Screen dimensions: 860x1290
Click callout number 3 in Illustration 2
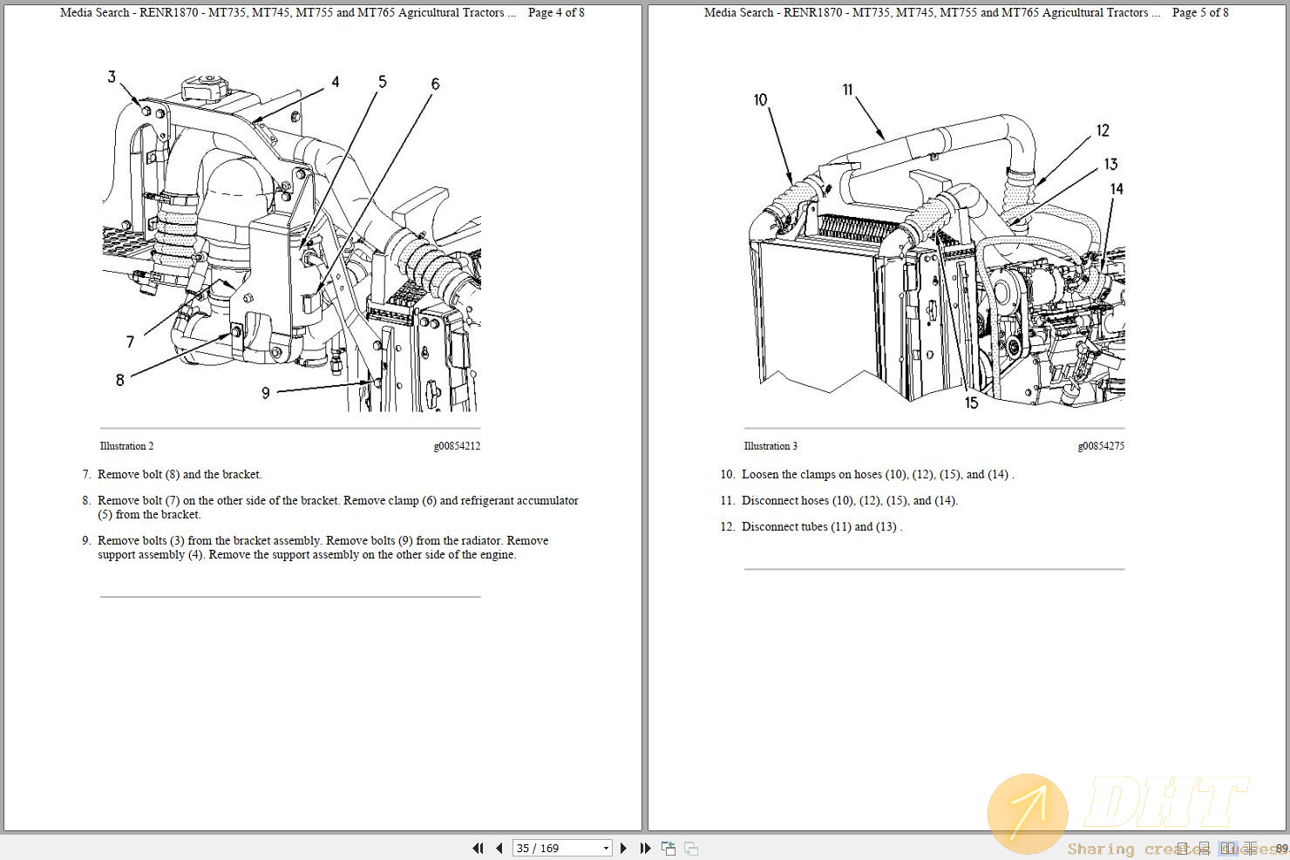point(112,77)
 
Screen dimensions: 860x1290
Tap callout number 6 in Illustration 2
point(435,84)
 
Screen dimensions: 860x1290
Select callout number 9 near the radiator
point(266,393)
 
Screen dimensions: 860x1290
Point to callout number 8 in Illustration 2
point(120,379)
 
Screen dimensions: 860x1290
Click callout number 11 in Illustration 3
point(847,90)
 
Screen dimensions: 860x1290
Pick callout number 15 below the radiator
point(971,403)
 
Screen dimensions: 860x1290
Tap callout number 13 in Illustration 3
point(1110,164)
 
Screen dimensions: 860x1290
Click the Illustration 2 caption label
point(126,446)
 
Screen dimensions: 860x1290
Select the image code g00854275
point(1100,446)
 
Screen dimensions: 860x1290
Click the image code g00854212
point(457,446)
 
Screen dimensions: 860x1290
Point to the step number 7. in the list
point(86,475)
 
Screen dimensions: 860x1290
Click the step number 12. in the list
point(727,527)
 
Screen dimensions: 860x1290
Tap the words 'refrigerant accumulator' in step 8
point(519,501)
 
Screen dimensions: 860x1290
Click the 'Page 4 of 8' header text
point(556,12)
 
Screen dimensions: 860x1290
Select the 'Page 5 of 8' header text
point(1200,12)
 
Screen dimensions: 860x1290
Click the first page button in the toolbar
point(478,848)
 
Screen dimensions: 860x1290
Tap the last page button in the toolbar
point(645,848)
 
